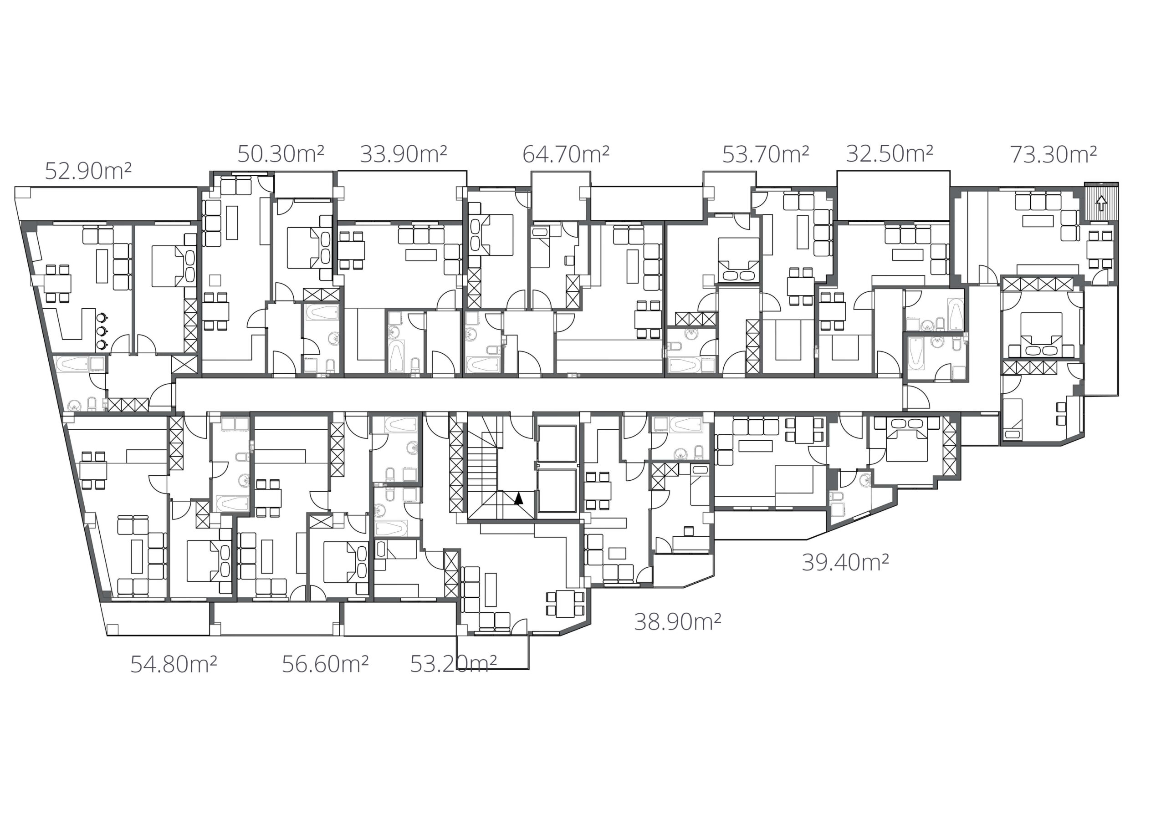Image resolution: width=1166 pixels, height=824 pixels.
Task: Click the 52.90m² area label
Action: [x=88, y=171]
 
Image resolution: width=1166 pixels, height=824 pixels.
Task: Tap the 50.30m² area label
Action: [x=281, y=154]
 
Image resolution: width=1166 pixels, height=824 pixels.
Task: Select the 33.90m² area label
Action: [x=403, y=154]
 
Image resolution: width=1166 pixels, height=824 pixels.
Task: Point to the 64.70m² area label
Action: [x=566, y=154]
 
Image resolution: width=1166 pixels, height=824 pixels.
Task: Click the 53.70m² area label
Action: [x=765, y=154]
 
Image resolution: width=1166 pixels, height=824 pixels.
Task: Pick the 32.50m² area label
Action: [x=889, y=153]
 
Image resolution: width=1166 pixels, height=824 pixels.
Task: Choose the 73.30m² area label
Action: [x=1053, y=154]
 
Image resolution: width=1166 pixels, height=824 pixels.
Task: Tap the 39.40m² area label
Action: [x=845, y=563]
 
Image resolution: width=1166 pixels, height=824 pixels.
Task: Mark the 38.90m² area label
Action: [x=677, y=621]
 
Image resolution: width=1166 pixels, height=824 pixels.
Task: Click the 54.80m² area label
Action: [x=174, y=664]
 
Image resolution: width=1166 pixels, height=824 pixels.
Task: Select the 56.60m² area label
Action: [x=325, y=664]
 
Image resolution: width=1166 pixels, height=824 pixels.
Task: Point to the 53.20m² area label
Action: [x=453, y=664]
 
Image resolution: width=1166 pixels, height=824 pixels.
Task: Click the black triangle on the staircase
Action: [x=518, y=498]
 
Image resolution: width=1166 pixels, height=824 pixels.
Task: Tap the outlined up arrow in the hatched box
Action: [x=1101, y=203]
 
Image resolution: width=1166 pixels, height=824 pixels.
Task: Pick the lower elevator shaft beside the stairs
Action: [x=557, y=490]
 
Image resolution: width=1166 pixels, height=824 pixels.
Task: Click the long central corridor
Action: [x=538, y=395]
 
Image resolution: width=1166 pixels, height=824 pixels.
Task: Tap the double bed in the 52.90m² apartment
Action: [x=174, y=266]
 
